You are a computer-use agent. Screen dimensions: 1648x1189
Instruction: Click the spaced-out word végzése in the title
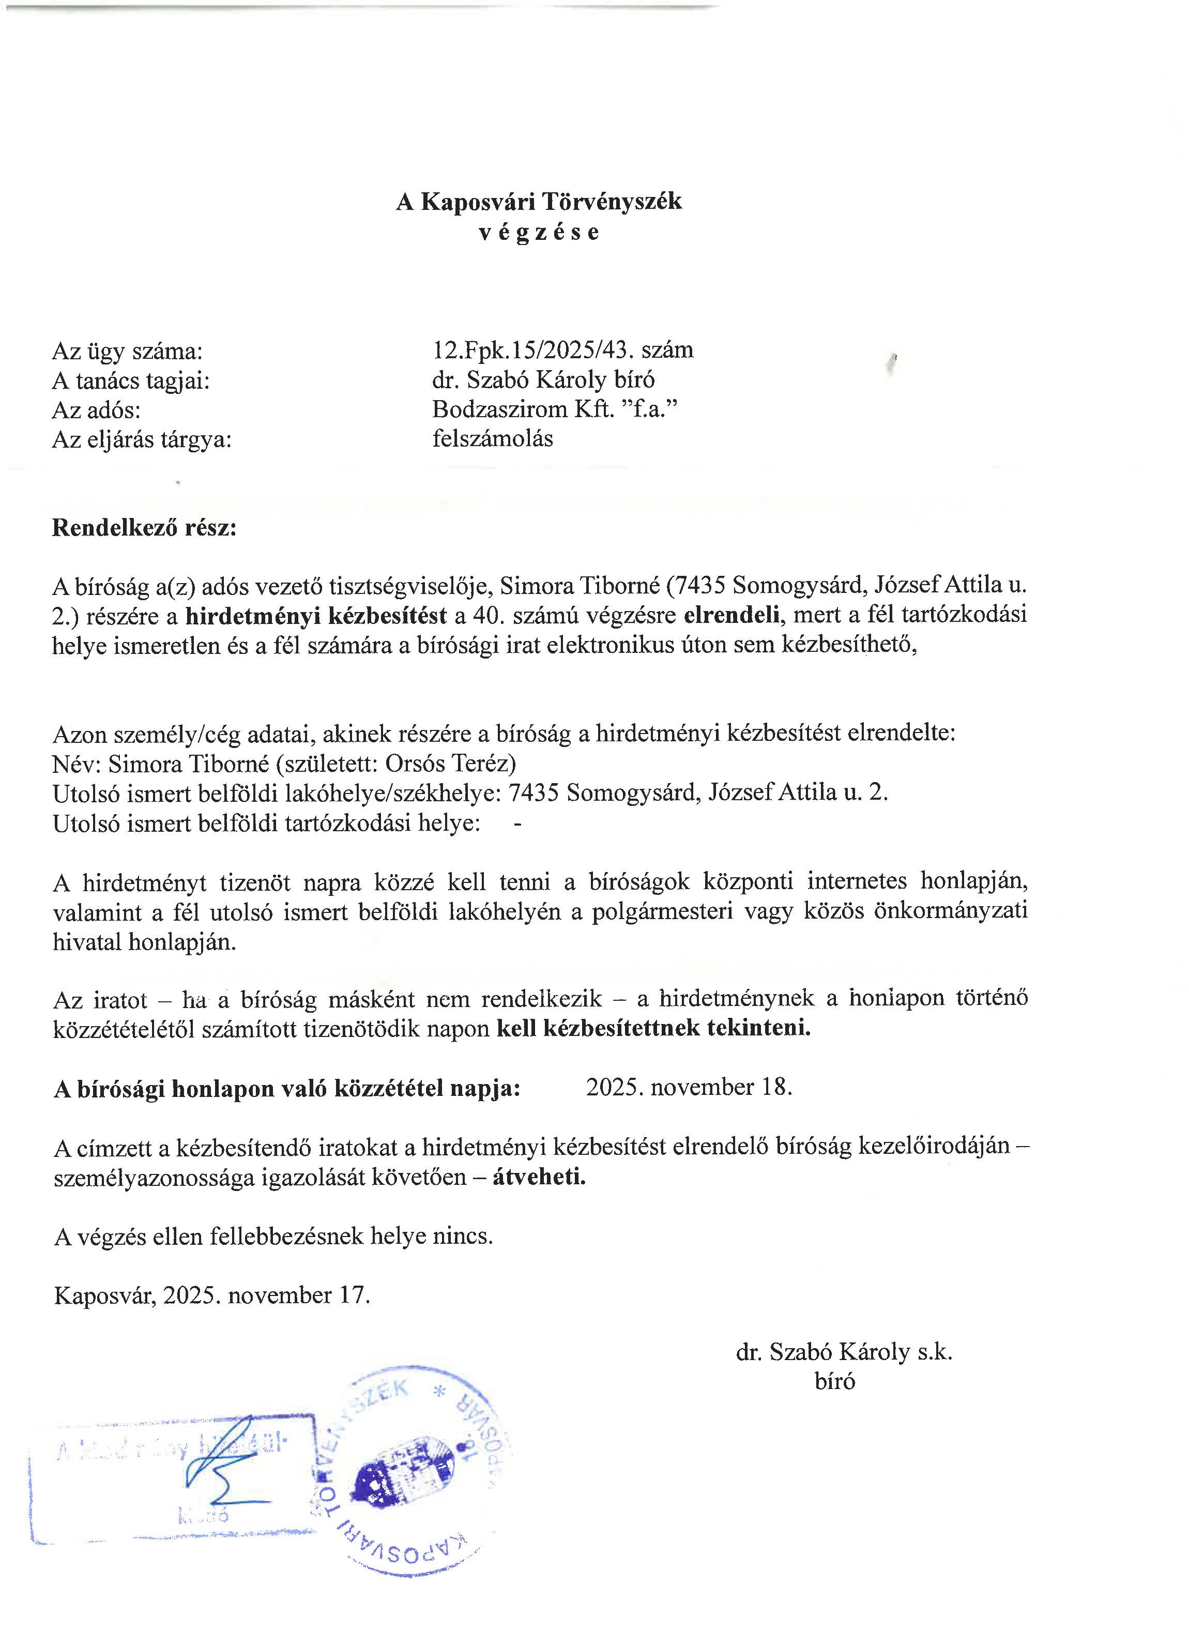coord(539,233)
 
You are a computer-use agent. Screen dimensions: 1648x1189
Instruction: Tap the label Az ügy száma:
coord(127,352)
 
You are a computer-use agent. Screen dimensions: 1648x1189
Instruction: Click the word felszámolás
coord(492,439)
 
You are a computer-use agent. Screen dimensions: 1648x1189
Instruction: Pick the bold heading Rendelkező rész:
coord(144,527)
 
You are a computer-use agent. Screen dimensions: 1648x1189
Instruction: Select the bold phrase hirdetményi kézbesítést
coord(316,616)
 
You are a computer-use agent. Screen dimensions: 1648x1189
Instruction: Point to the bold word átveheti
coord(539,1177)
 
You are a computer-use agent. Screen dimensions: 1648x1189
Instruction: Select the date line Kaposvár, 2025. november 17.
coord(211,1295)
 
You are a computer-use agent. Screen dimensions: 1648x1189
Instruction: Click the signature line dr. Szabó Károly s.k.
coord(844,1352)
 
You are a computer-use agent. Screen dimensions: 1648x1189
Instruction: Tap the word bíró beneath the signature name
coord(834,1381)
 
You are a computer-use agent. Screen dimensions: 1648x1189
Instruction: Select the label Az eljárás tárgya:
coord(142,439)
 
